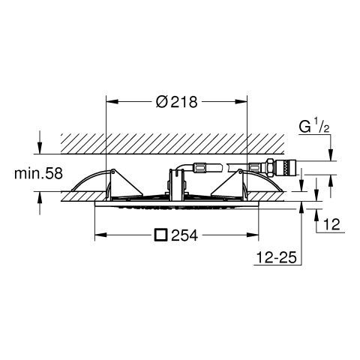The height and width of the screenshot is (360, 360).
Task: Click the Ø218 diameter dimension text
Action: tap(177, 102)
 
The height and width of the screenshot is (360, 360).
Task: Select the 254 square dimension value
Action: tap(184, 235)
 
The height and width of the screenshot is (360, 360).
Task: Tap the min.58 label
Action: tap(38, 173)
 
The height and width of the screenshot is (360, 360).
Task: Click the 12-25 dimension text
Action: tap(277, 257)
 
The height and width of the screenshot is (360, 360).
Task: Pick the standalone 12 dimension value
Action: tap(331, 224)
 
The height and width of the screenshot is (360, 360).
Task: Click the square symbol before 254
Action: tap(161, 235)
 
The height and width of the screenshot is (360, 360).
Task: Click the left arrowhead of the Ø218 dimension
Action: tap(112, 101)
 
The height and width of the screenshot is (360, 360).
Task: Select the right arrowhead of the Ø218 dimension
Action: tap(241, 101)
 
